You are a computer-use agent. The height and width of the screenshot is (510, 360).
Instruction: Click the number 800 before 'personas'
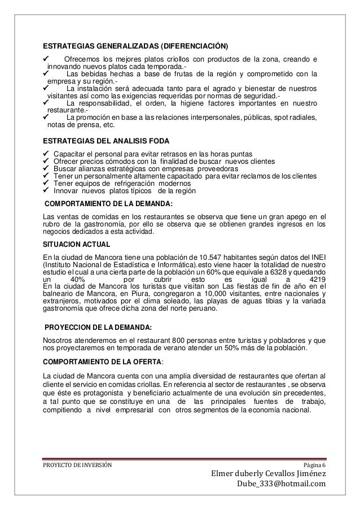pos(180,340)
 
